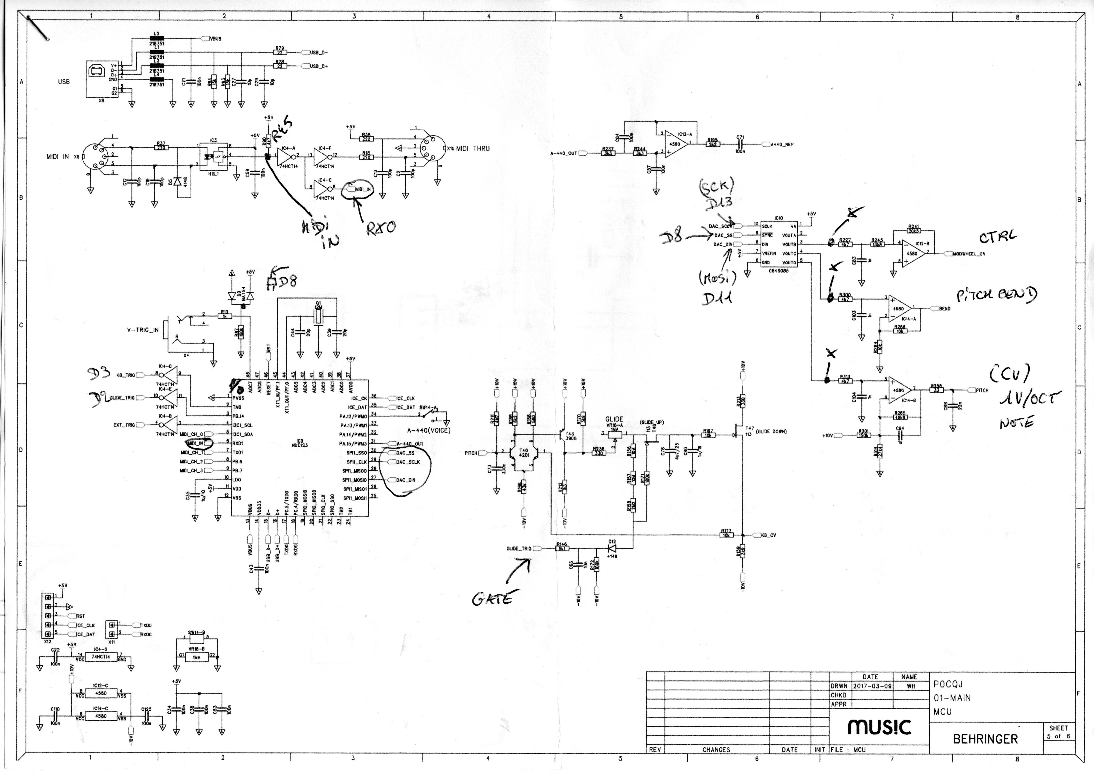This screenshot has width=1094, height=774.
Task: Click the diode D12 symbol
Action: pos(612,549)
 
